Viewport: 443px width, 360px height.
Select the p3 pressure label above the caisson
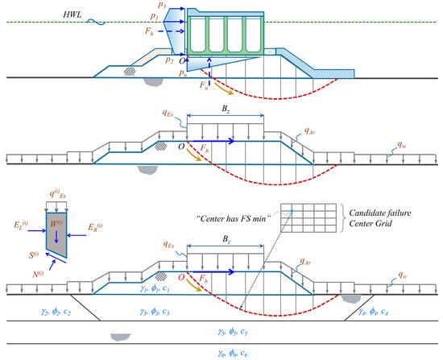click(x=164, y=7)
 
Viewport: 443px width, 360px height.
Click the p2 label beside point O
click(x=168, y=59)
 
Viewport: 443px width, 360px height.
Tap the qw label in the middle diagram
click(x=389, y=146)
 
